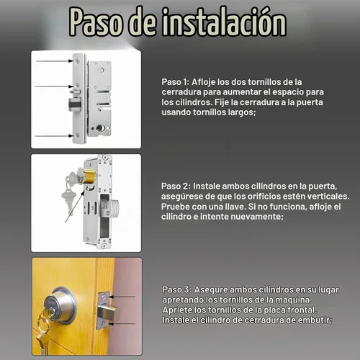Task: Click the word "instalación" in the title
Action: pos(224,22)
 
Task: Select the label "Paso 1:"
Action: pos(176,82)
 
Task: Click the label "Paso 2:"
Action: pos(176,186)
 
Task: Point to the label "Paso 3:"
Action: pos(177,289)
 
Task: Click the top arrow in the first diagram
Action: pos(55,61)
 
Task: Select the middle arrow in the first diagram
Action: pos(54,86)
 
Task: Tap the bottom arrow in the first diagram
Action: pos(54,136)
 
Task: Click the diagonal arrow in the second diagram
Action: pos(75,207)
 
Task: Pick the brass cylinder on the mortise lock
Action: pos(89,176)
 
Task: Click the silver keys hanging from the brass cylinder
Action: pos(69,192)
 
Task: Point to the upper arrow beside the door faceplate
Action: pos(122,297)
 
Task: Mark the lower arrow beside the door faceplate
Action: pos(122,323)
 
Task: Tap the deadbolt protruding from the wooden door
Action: pos(109,312)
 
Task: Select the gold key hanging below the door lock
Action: pos(41,336)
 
